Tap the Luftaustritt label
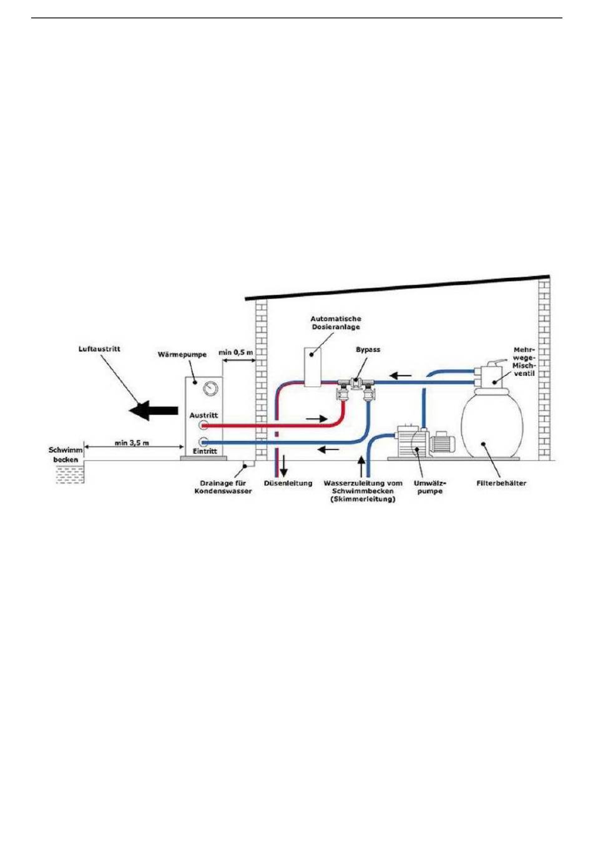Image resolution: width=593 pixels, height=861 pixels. pyautogui.click(x=99, y=348)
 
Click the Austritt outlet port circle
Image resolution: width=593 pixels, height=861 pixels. pyautogui.click(x=203, y=426)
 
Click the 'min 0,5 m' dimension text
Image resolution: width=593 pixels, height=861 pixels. pyautogui.click(x=235, y=353)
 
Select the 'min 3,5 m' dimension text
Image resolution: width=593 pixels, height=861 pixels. pyautogui.click(x=132, y=443)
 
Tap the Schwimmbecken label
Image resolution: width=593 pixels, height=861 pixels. pyautogui.click(x=66, y=455)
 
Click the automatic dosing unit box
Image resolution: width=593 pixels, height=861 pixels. pyautogui.click(x=313, y=366)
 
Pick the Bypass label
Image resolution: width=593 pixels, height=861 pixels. pyautogui.click(x=368, y=350)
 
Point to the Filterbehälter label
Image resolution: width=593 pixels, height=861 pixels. pyautogui.click(x=501, y=483)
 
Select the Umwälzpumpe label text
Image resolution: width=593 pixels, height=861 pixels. pyautogui.click(x=428, y=487)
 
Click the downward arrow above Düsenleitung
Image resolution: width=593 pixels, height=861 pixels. pyautogui.click(x=284, y=465)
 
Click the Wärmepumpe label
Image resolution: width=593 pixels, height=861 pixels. pyautogui.click(x=182, y=355)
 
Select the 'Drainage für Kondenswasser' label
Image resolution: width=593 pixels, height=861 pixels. pyautogui.click(x=223, y=487)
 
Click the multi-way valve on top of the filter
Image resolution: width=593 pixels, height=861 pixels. pyautogui.click(x=490, y=373)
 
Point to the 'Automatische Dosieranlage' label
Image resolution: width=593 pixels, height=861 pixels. pyautogui.click(x=336, y=323)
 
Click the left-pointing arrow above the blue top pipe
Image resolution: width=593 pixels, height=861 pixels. pyautogui.click(x=401, y=376)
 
